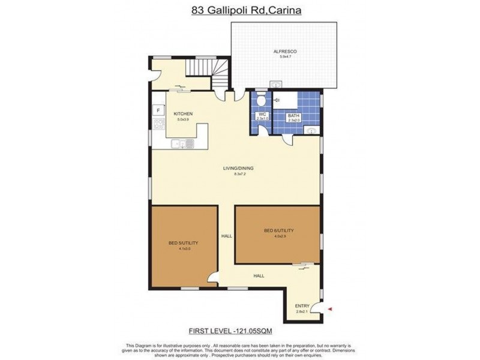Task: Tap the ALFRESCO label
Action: (x=285, y=52)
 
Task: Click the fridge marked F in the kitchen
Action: (x=158, y=110)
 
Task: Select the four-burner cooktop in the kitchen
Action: (x=159, y=125)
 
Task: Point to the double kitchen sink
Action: (x=182, y=143)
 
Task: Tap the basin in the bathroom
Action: (x=310, y=130)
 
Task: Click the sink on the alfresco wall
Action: (x=276, y=84)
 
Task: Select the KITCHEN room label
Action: (x=182, y=113)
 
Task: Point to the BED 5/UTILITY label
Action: (x=183, y=242)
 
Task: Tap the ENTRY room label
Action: (x=302, y=306)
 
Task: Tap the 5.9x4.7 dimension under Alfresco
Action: (x=285, y=58)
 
